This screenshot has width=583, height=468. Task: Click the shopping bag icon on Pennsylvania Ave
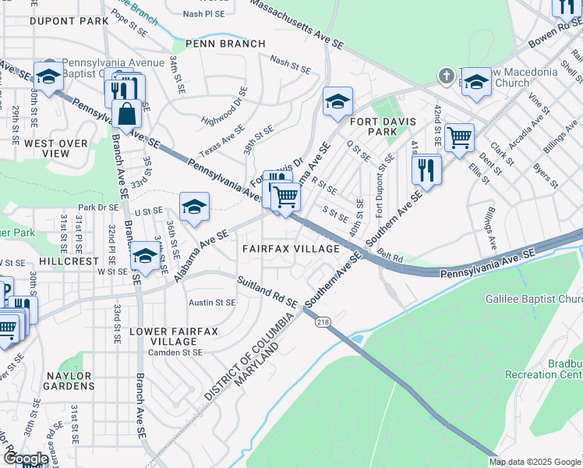click(126, 115)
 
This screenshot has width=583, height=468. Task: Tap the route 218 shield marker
click(321, 321)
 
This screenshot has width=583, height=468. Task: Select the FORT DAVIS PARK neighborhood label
click(384, 127)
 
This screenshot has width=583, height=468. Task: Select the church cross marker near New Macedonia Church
click(445, 76)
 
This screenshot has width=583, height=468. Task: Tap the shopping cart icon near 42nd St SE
click(460, 138)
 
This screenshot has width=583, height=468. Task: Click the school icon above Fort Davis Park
click(337, 102)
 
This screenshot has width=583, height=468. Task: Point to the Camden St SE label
click(176, 352)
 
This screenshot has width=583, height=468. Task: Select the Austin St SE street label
click(214, 302)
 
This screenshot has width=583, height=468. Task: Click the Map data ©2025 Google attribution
click(535, 462)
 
